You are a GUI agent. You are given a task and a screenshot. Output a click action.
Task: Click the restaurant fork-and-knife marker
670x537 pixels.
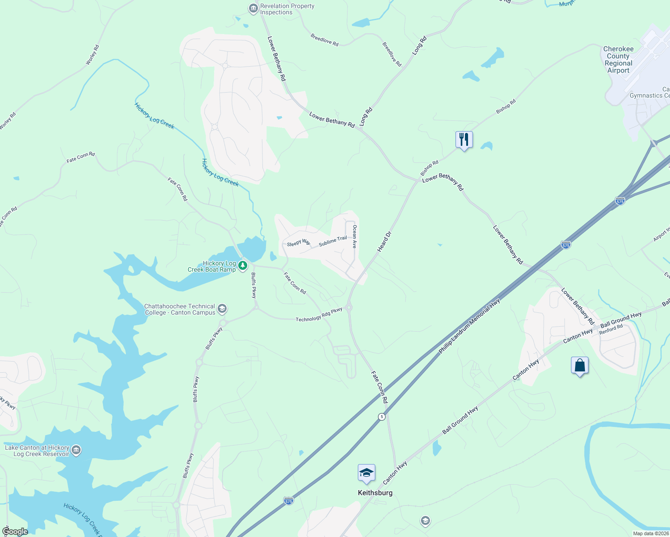click(x=464, y=140)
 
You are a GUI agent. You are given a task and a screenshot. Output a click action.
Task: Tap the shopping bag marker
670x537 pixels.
click(x=580, y=365)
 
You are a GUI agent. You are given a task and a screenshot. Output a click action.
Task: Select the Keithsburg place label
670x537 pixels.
click(x=375, y=493)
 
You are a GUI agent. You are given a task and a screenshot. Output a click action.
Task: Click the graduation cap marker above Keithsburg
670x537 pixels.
click(x=366, y=473)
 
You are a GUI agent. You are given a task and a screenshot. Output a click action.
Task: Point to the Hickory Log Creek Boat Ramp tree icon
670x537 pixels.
click(x=243, y=266)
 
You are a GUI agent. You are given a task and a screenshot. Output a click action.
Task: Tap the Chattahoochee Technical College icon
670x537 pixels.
click(x=222, y=309)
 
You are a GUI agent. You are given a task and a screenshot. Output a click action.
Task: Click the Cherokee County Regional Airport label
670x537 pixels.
click(x=618, y=60)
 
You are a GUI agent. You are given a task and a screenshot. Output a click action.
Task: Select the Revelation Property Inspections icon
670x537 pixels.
click(x=253, y=9)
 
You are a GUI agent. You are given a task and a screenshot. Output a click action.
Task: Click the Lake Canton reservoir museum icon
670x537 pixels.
click(x=76, y=450)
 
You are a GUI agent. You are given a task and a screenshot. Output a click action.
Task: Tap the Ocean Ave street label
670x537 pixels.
click(x=355, y=237)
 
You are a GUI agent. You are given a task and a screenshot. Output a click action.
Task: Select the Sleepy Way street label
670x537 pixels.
click(x=298, y=243)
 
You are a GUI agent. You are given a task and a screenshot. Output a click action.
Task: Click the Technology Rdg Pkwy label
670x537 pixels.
click(x=319, y=315)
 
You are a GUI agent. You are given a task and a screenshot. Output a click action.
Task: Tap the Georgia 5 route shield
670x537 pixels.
click(x=382, y=417)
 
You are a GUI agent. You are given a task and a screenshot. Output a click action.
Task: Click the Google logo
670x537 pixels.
click(x=15, y=532)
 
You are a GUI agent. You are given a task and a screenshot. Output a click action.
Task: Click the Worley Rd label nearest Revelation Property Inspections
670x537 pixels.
click(x=92, y=55)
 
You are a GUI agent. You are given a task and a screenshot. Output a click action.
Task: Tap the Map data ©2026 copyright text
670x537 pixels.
click(x=651, y=533)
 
